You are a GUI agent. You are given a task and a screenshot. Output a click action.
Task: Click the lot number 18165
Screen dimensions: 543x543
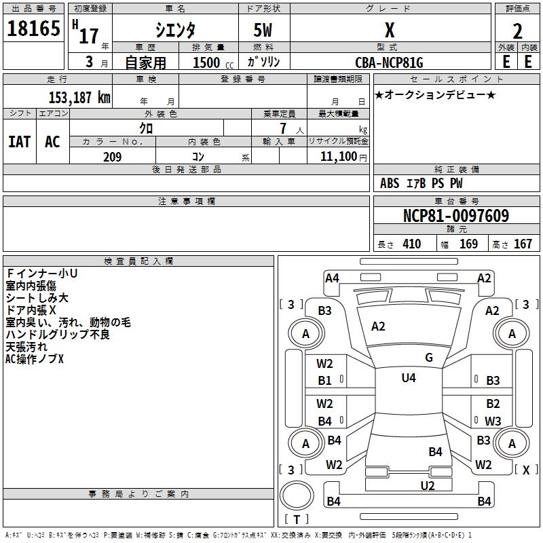tap(34, 31)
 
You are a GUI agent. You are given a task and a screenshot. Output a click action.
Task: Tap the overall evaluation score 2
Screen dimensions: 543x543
tap(518, 31)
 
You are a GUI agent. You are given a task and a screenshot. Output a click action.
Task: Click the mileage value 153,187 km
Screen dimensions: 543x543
tap(79, 97)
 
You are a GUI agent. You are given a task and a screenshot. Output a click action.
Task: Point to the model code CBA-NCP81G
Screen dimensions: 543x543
tap(389, 62)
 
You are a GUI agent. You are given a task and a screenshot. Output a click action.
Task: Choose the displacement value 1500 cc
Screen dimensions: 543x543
tap(210, 62)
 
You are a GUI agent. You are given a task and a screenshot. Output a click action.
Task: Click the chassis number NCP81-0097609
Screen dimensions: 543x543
tap(456, 217)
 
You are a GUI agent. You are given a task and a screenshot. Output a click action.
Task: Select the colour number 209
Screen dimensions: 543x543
tap(112, 157)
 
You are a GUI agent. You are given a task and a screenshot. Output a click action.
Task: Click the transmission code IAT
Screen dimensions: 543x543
tap(19, 142)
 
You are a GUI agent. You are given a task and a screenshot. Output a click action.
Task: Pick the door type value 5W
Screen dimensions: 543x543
tap(264, 31)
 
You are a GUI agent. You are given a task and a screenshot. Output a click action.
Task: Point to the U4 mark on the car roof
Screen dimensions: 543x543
tap(408, 378)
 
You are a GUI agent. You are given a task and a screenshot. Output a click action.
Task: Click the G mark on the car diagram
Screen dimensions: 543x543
tap(429, 357)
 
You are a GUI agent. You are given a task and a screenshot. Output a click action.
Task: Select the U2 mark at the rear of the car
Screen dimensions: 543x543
tap(427, 485)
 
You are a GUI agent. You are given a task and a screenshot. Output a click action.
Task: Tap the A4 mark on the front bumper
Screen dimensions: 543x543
tap(332, 278)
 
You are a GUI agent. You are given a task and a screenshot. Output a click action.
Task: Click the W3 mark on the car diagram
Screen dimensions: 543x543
tap(493, 421)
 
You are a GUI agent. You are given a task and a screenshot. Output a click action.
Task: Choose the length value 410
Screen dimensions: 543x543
tap(411, 244)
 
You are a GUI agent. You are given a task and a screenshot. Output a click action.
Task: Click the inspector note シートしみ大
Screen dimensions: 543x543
tap(37, 298)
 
